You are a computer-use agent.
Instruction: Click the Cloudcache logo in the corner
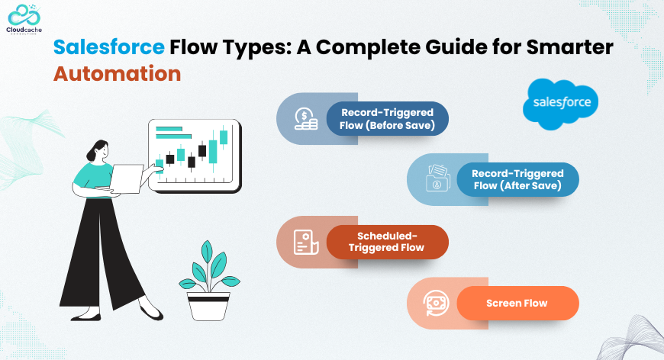coord(24,19)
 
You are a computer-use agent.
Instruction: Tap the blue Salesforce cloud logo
coord(561,104)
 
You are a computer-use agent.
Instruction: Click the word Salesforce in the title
coord(109,47)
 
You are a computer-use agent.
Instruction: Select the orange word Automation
coord(118,74)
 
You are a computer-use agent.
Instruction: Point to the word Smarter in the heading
coord(569,47)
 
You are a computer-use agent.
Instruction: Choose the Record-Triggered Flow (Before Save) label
coord(387,119)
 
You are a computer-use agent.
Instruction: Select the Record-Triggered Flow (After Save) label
coord(517,179)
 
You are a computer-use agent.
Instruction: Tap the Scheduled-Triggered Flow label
coord(387,242)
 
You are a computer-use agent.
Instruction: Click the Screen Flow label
coord(517,303)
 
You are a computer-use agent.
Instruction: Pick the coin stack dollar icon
coord(306,118)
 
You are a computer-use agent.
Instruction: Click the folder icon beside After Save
coord(437,178)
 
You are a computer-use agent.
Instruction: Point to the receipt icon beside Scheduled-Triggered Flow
coord(306,242)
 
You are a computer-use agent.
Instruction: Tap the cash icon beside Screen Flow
coord(436,303)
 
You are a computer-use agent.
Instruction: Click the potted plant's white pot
coord(208,305)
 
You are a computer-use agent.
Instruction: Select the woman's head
coord(98,151)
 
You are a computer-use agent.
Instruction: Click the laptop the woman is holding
coord(126,179)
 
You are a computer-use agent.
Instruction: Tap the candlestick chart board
coord(195,156)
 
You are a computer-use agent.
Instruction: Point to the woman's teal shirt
coord(92,175)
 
